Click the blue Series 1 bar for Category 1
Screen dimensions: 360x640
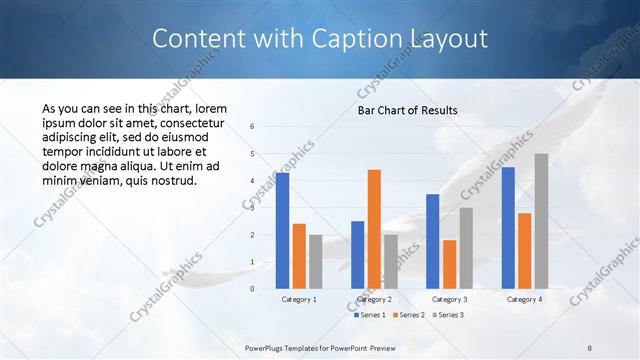pyautogui.click(x=283, y=230)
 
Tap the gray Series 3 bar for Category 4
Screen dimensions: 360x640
pyautogui.click(x=541, y=221)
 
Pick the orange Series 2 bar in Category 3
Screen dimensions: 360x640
pyautogui.click(x=450, y=264)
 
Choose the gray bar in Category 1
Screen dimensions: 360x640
pyautogui.click(x=316, y=261)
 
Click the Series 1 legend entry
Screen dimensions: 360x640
pyautogui.click(x=370, y=315)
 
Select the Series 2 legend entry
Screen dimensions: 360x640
pyautogui.click(x=408, y=315)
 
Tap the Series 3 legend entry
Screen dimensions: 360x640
pyautogui.click(x=448, y=315)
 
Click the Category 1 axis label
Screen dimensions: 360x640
pyautogui.click(x=299, y=299)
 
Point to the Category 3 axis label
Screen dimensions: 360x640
pyautogui.click(x=449, y=299)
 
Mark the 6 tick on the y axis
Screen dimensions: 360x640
pyautogui.click(x=253, y=126)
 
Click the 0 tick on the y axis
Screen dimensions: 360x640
pyautogui.click(x=253, y=288)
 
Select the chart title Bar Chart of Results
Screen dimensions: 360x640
pyautogui.click(x=408, y=110)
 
